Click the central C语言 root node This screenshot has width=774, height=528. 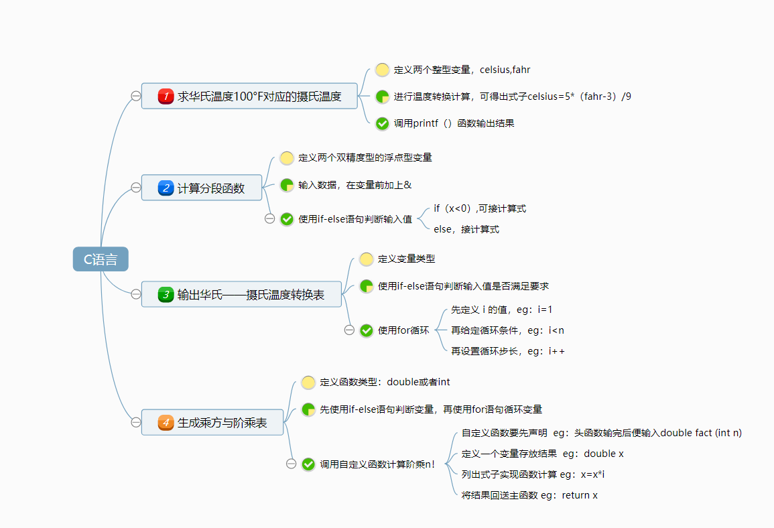(101, 259)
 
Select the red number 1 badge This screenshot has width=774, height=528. (166, 96)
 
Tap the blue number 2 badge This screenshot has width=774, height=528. (166, 188)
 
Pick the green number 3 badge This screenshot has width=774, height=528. (166, 294)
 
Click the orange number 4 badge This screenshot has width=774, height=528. (166, 423)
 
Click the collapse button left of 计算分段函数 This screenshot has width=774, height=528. (136, 188)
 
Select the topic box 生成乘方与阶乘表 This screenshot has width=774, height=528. (213, 423)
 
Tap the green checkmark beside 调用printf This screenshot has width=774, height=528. (382, 123)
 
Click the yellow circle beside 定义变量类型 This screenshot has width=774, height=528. (366, 259)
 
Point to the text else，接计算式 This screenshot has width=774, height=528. (466, 229)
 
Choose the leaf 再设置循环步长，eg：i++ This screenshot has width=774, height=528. (507, 351)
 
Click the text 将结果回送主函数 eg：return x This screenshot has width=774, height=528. (529, 495)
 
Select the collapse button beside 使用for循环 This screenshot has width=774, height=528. (348, 330)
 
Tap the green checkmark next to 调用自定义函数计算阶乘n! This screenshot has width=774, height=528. (308, 464)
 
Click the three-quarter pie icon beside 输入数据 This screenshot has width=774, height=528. (287, 185)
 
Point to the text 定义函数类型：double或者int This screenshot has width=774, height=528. (385, 382)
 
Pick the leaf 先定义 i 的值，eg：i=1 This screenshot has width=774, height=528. (501, 310)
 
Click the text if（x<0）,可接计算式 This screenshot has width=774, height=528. (480, 208)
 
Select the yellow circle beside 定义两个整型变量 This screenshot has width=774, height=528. (382, 69)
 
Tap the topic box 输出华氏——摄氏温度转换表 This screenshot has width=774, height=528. (242, 294)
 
